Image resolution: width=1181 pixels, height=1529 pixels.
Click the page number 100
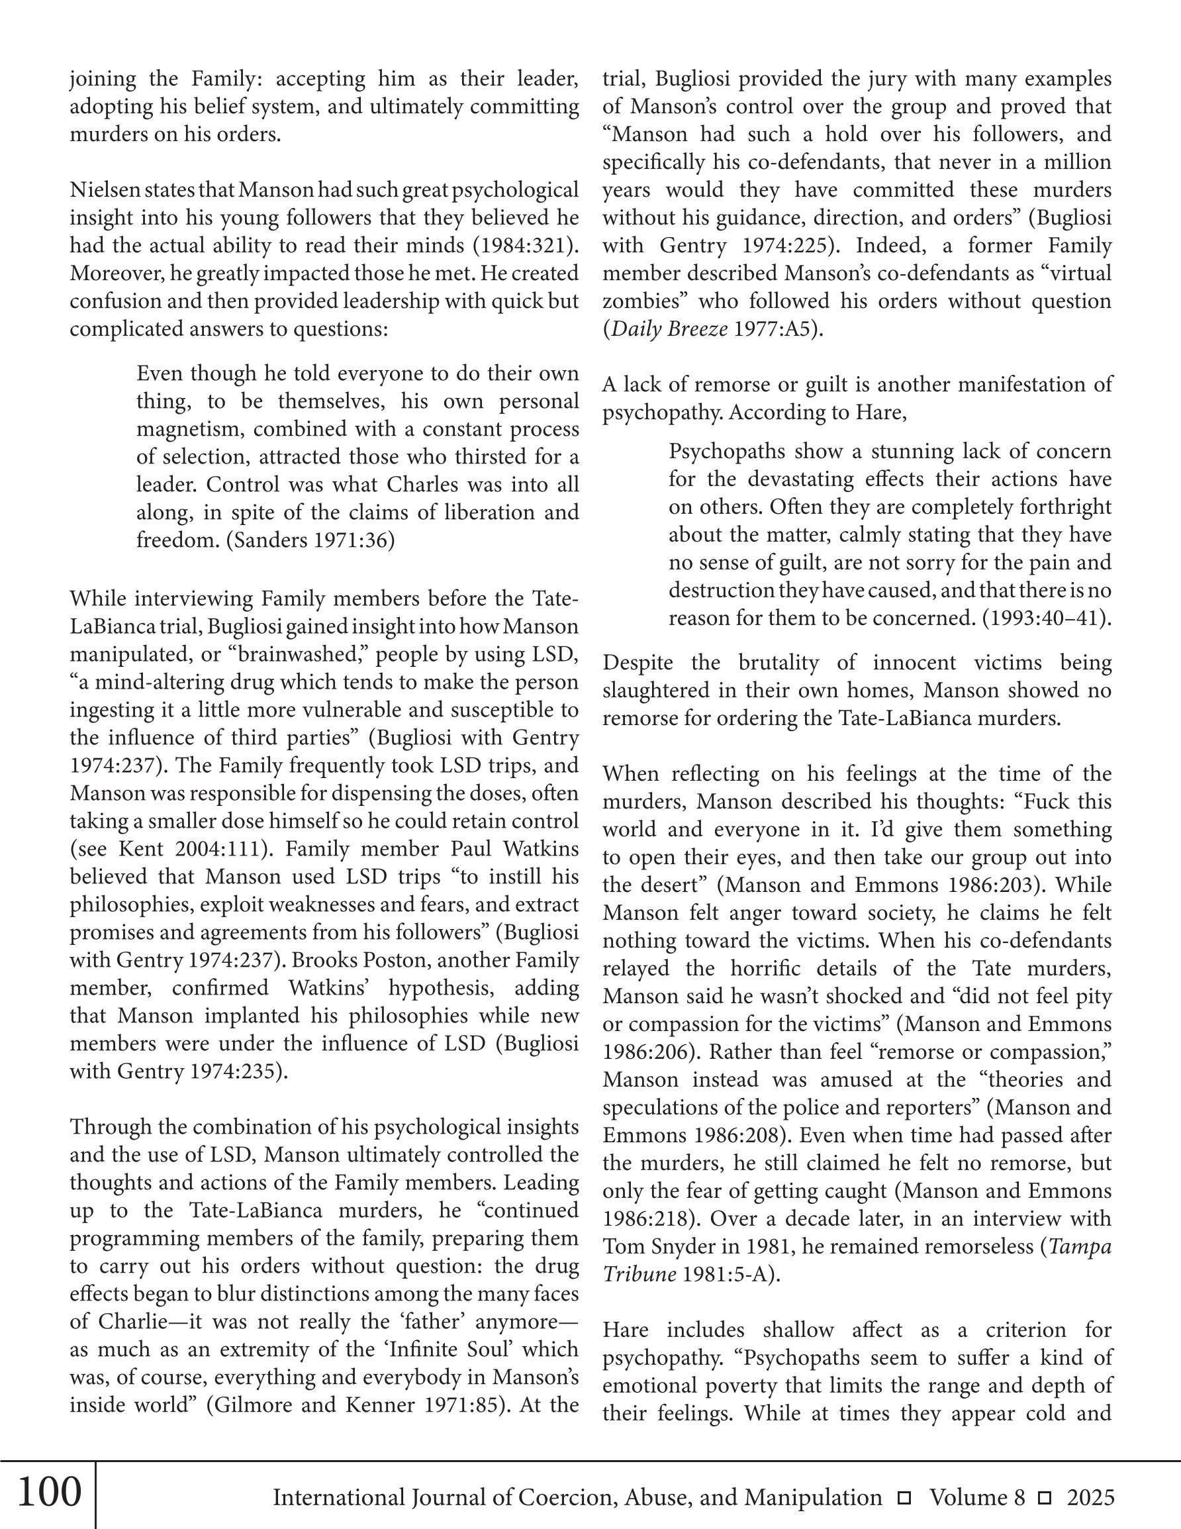[48, 1492]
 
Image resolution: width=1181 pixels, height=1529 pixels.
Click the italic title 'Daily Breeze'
[670, 329]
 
